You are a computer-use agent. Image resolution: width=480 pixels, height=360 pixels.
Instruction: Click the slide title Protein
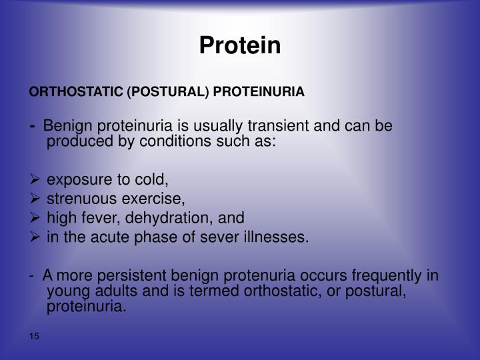tap(240, 45)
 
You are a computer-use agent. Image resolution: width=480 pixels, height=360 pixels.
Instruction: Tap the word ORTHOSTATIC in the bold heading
tap(76, 91)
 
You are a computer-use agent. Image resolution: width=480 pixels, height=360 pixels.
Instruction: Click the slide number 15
tap(35, 336)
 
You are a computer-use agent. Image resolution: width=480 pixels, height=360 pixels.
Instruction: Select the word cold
tap(154, 179)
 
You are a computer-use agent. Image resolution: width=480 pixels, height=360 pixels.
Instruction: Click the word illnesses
tap(281, 237)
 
